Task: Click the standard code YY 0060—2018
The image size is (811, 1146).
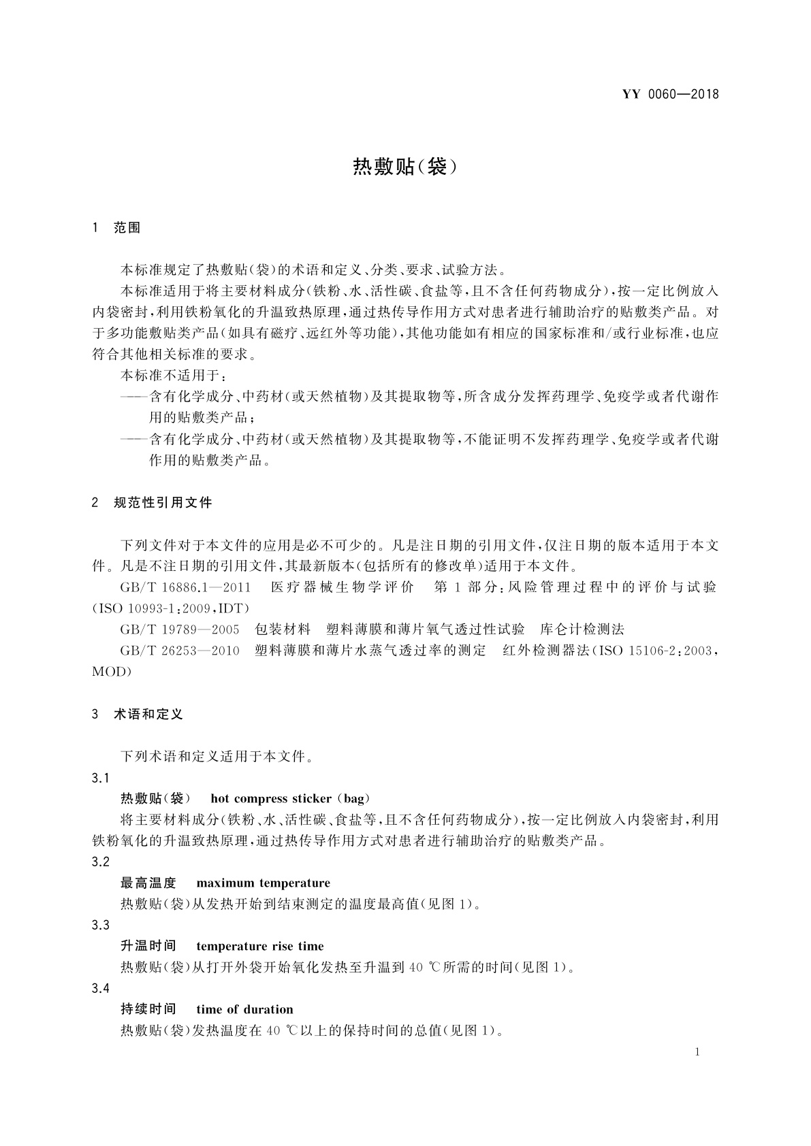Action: pos(670,95)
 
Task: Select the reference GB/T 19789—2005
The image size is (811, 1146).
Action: pos(180,629)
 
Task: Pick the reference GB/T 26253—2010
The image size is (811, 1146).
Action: pos(180,651)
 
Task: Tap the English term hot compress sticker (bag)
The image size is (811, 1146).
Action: pos(291,798)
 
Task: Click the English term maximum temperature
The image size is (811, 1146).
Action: pos(263,883)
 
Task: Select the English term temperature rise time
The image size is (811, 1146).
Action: pos(259,946)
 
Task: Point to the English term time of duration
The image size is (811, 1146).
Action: pos(244,1009)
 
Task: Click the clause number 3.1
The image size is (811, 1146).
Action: pos(100,778)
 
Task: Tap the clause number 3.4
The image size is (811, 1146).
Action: pos(100,988)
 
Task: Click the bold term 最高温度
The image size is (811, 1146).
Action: pos(148,883)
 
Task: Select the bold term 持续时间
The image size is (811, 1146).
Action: pos(148,1009)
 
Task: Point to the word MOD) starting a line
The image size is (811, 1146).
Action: pos(111,672)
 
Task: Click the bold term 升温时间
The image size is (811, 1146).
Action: pos(148,946)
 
